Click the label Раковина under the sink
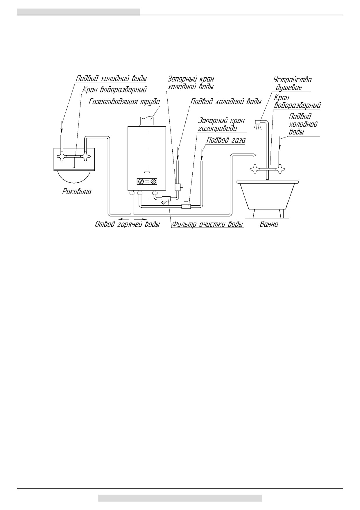pos(77,192)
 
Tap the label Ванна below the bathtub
pos(269,224)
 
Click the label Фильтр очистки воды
pos(207,224)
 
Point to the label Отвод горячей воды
pos(127,225)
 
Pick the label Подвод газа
pos(226,140)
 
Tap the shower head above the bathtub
pos(258,122)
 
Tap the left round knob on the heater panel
pos(141,181)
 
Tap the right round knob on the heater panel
pos(154,181)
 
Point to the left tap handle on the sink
pos(62,157)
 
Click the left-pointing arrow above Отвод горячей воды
pos(123,218)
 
